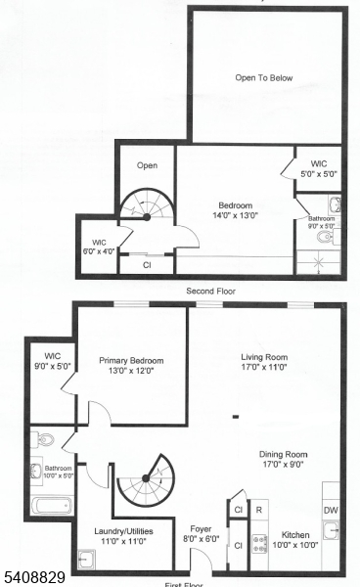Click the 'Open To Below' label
tap(264, 78)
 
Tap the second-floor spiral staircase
tap(145, 208)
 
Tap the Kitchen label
tap(295, 535)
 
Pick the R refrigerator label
tap(259, 509)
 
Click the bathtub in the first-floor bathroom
tap(50, 507)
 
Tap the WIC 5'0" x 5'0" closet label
tap(318, 168)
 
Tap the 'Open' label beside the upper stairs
tap(147, 165)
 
